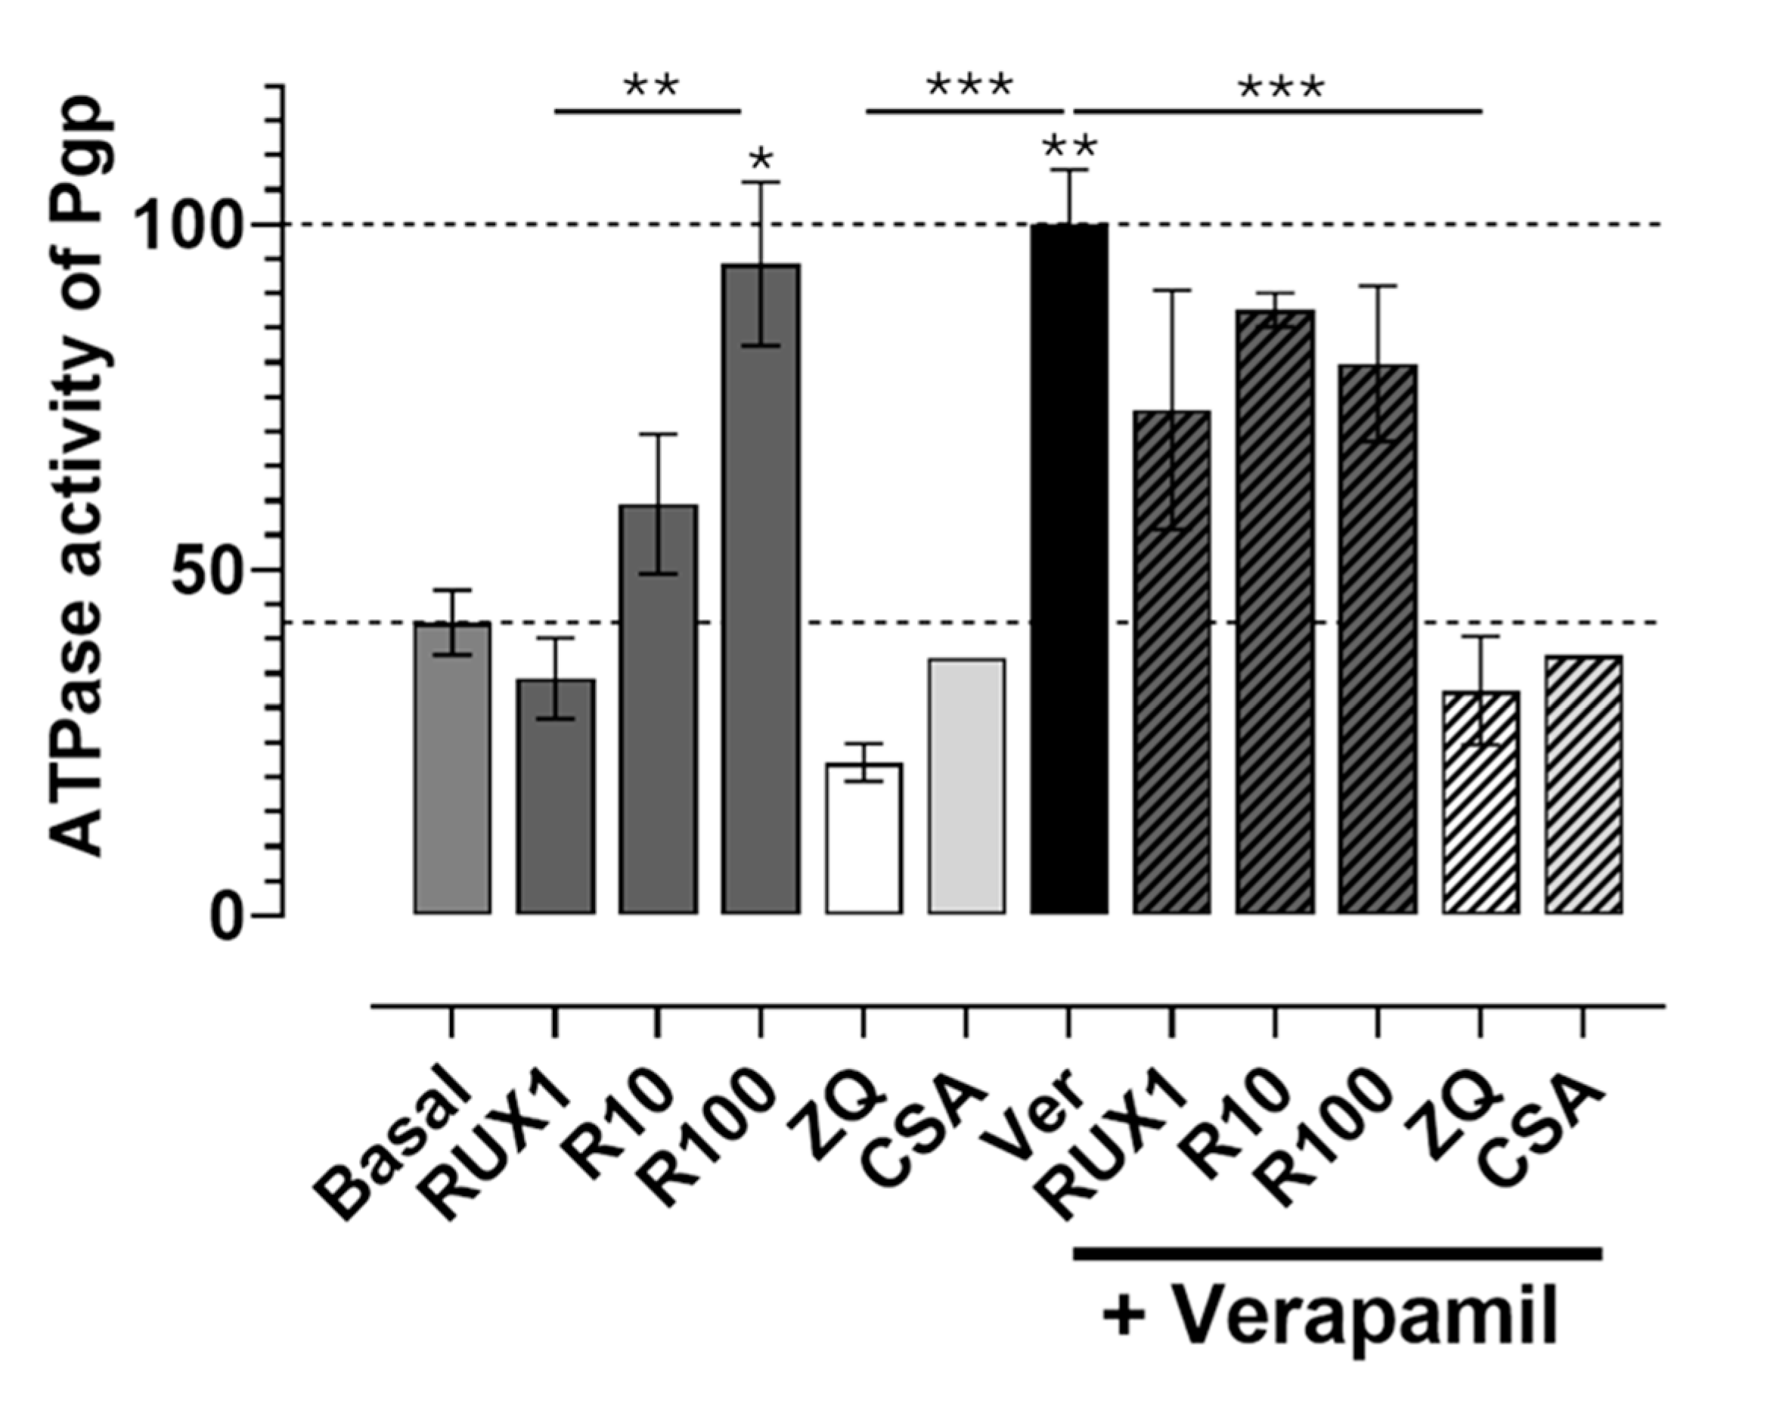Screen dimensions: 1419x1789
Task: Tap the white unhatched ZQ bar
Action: (x=863, y=838)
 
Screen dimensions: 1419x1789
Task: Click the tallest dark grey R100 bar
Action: (x=760, y=589)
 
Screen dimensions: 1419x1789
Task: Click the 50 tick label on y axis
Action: (x=203, y=571)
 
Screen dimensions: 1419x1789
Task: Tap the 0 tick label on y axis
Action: (x=225, y=917)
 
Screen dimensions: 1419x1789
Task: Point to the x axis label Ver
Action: (x=1041, y=1116)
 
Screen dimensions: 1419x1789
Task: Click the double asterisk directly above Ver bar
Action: (x=1070, y=147)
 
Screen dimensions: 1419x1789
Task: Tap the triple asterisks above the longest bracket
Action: (x=1280, y=88)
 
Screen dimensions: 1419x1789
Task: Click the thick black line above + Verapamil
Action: (x=1336, y=1252)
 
